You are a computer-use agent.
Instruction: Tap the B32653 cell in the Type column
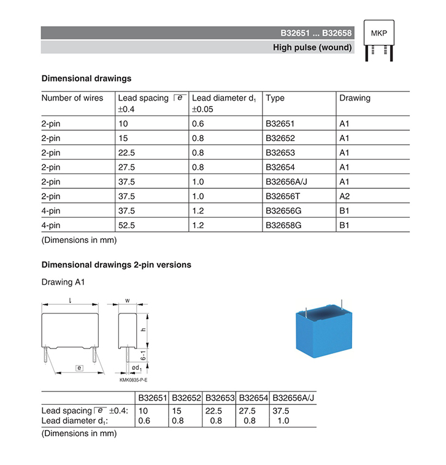[x=281, y=152]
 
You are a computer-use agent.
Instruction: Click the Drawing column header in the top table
[x=355, y=98]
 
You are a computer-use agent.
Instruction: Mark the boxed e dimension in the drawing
[x=79, y=367]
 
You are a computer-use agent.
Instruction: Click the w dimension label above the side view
[x=126, y=301]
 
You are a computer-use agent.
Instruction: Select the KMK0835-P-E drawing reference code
[x=133, y=380]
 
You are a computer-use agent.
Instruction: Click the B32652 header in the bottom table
[x=187, y=398]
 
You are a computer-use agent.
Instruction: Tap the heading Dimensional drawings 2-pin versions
[x=116, y=265]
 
